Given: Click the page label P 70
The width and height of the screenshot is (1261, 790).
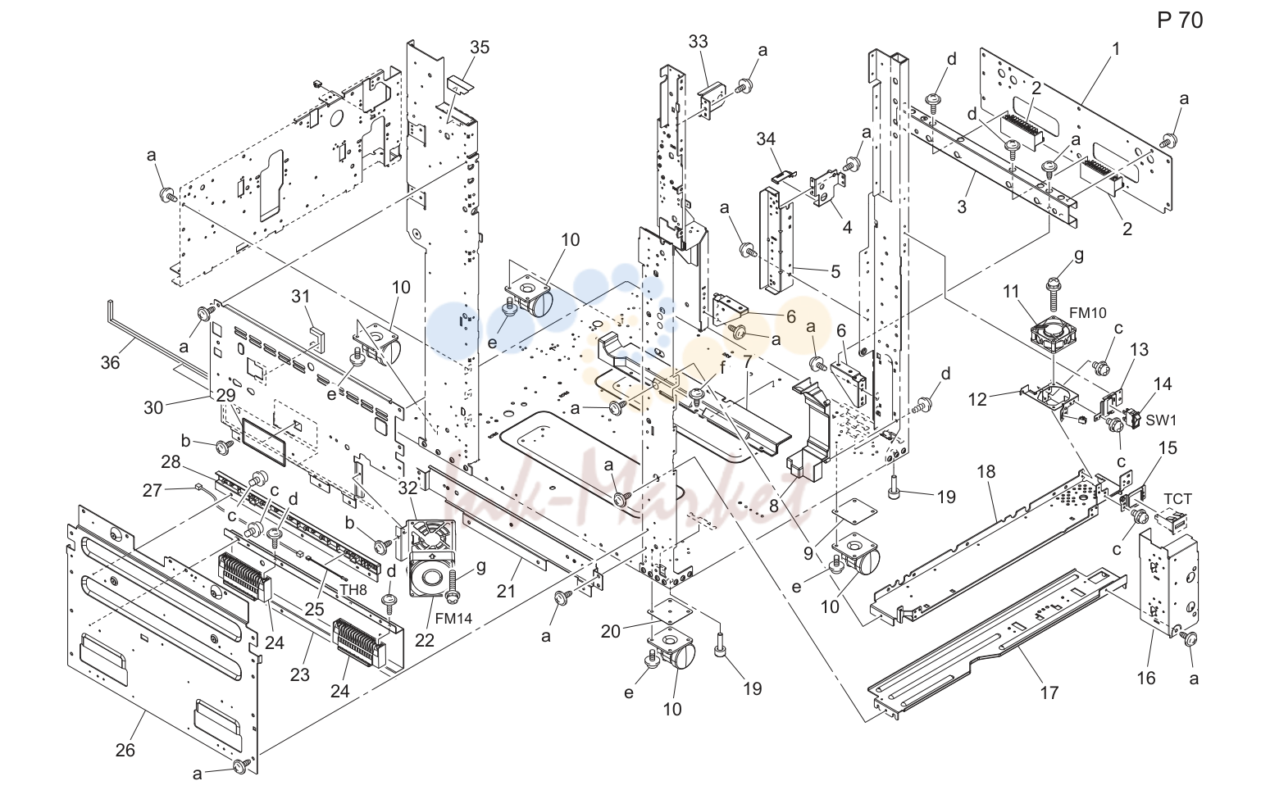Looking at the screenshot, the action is [x=1180, y=20].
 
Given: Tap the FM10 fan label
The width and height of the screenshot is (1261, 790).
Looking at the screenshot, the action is [x=1088, y=313].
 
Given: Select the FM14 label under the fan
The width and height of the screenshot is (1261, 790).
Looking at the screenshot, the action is [x=453, y=619].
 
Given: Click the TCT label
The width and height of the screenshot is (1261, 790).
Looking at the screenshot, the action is [x=1177, y=499].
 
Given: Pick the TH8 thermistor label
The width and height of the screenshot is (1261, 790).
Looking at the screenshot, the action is [x=353, y=590].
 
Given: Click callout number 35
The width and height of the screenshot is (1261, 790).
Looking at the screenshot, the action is [x=480, y=48].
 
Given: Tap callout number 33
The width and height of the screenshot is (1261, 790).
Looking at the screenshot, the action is [x=698, y=42].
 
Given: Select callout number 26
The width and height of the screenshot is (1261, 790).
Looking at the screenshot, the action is [x=125, y=750].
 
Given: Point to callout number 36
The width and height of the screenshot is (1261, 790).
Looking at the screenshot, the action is [x=111, y=362].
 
